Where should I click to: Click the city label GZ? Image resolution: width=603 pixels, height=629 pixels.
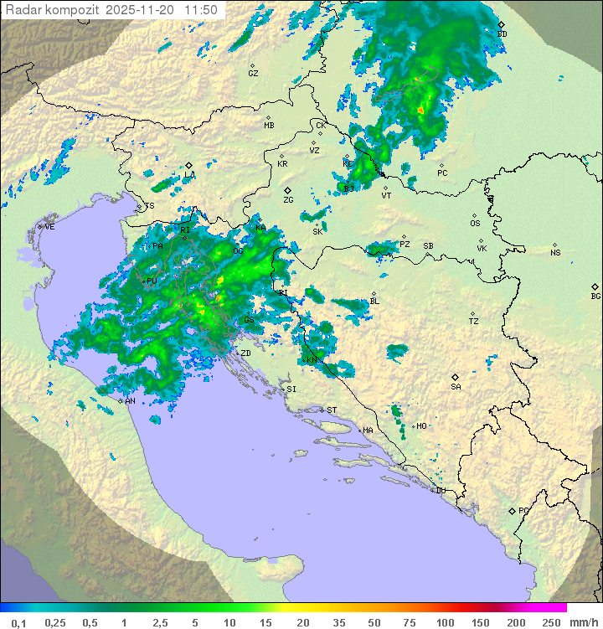(253, 74)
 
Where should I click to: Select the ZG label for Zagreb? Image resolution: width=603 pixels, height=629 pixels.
(288, 200)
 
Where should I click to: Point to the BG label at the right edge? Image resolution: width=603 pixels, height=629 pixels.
(595, 296)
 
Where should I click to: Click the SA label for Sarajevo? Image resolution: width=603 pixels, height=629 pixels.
(456, 387)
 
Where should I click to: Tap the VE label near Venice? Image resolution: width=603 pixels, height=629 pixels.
(49, 227)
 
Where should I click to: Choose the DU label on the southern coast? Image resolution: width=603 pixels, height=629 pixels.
(440, 491)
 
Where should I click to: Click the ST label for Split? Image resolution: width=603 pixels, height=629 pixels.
(332, 410)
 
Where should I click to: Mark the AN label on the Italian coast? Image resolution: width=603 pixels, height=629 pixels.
(130, 401)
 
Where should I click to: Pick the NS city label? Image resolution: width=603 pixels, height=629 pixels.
(555, 253)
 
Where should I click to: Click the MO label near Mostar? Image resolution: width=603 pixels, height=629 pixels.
(421, 426)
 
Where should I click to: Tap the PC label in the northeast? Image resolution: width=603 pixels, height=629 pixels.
(442, 173)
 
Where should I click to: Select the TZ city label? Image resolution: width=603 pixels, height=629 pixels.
(473, 322)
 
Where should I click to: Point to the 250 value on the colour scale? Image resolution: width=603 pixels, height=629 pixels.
(551, 622)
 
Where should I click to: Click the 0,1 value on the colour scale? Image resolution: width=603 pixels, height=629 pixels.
(18, 622)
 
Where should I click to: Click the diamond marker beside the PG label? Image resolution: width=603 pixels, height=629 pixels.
(512, 511)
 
